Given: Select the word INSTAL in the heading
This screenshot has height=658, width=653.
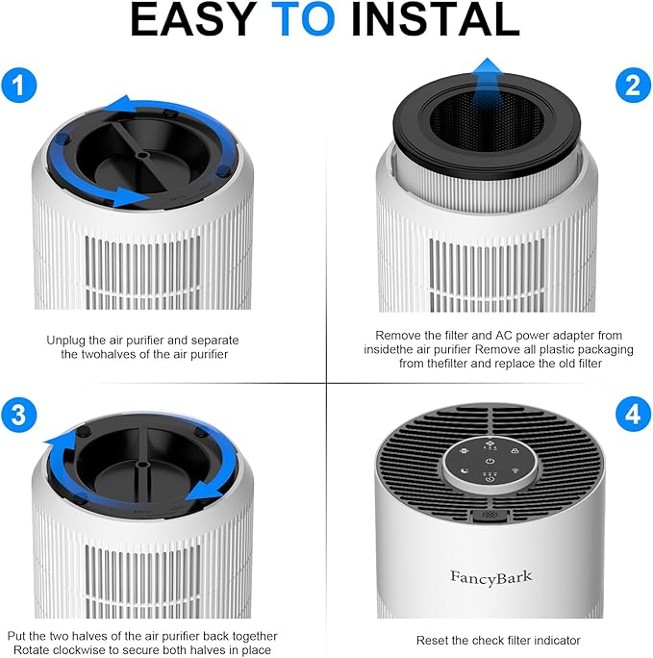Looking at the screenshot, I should (436, 22).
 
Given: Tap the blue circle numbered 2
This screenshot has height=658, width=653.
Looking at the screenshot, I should (631, 87).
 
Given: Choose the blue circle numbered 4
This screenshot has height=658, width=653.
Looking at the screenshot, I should (631, 416).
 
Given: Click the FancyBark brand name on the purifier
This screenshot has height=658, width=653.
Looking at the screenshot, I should (490, 576).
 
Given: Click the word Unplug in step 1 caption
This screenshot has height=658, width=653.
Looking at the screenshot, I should (66, 341).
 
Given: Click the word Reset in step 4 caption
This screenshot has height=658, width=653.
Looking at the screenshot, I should (433, 641).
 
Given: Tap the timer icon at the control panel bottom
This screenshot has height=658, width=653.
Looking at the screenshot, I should (490, 479).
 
